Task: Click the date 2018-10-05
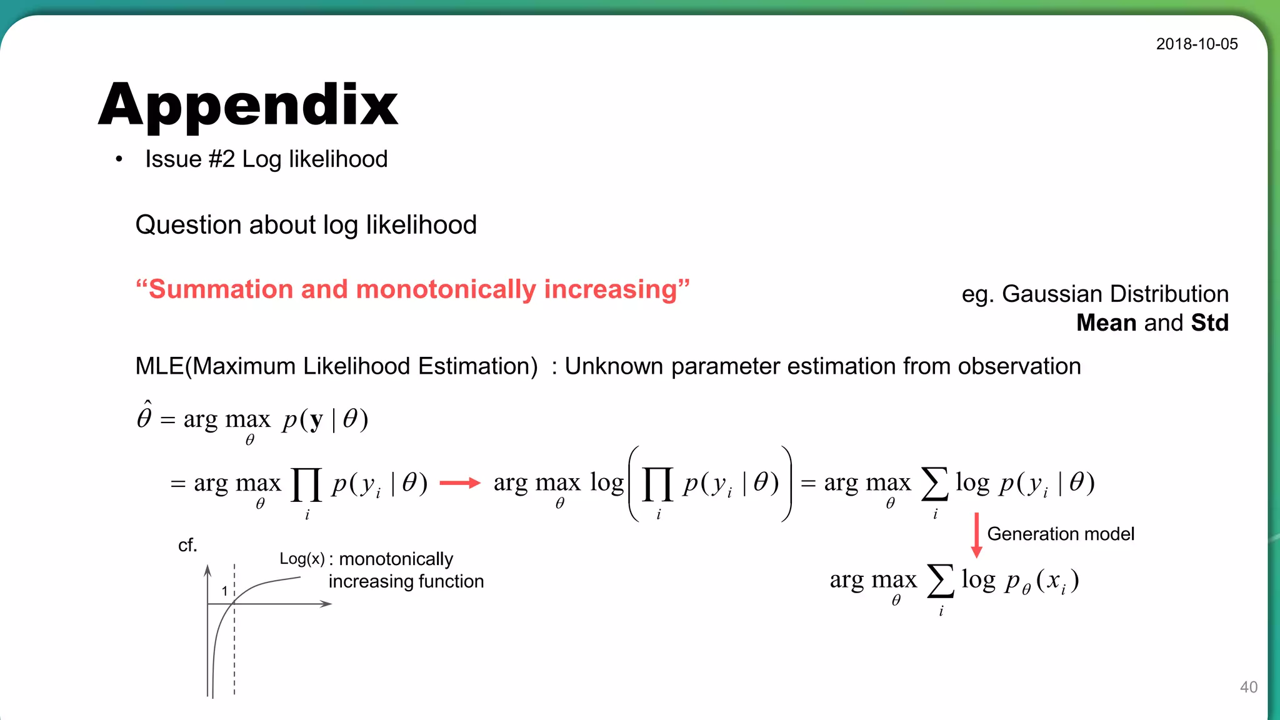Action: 1196,44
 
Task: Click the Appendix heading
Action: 248,105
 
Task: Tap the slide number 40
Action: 1248,687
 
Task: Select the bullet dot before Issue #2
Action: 119,160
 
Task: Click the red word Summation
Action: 221,289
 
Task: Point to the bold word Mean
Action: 1106,322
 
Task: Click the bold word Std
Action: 1209,322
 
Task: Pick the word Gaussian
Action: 1051,294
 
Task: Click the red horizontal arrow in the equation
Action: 460,482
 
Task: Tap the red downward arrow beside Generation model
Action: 976,535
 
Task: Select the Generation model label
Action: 1061,534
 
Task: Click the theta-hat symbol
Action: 144,416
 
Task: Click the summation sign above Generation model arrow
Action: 934,484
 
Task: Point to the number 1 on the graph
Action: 224,591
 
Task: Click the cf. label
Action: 187,545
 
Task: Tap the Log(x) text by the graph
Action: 302,559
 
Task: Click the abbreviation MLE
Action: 159,366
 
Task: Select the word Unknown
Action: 613,366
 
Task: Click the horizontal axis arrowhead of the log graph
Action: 326,604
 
